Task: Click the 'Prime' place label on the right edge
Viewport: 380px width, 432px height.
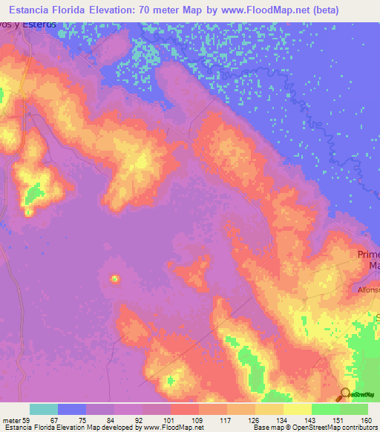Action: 368,254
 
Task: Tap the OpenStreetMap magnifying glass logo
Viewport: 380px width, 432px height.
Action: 345,394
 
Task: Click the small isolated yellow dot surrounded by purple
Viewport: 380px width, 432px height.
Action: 115,279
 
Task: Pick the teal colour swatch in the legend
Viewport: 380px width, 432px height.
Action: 44,409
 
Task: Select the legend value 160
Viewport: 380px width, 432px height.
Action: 366,419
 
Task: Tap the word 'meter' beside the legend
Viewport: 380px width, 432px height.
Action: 11,419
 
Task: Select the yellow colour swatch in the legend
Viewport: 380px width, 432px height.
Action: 298,409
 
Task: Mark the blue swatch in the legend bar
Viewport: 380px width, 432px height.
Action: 72,409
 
